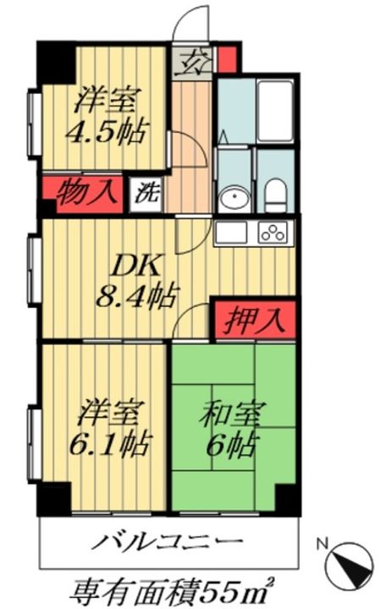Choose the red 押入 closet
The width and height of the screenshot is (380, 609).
pos(254,320)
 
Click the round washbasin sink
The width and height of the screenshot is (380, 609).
pos(230,200)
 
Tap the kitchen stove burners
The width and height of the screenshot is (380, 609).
pos(274,232)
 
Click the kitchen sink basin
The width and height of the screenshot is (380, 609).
pos(233,232)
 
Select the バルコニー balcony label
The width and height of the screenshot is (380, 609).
pos(169,542)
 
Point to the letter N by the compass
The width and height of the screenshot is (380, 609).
pos(322,545)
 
